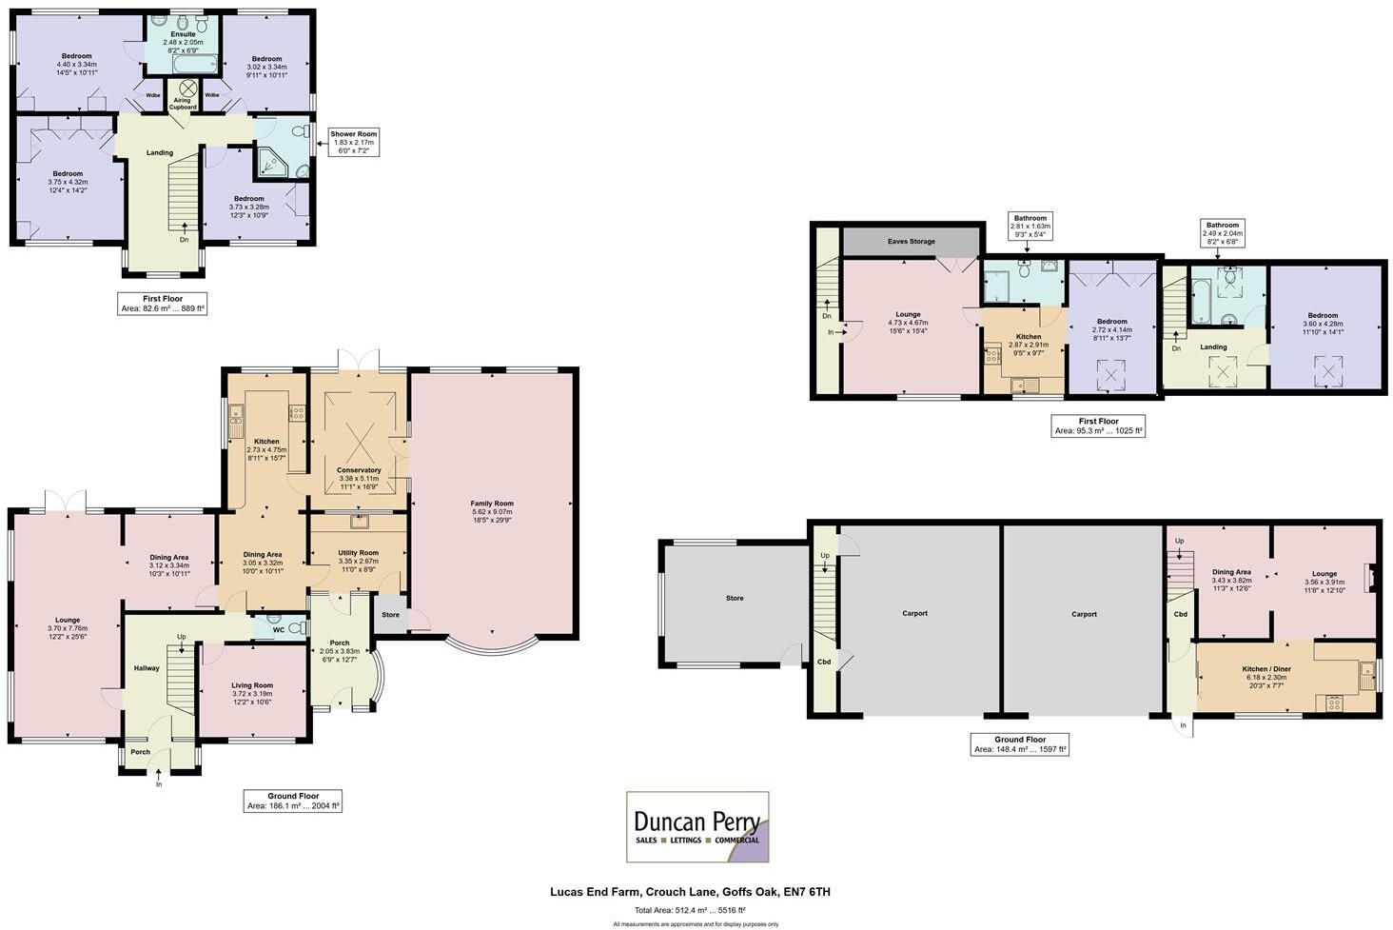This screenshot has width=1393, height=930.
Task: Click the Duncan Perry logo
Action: coord(696,826)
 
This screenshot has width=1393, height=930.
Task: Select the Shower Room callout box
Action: coord(354,143)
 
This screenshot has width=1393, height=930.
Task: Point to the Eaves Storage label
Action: coord(911,242)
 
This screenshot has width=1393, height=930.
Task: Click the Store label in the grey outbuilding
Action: coord(734,599)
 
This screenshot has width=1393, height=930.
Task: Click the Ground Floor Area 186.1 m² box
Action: coord(292,801)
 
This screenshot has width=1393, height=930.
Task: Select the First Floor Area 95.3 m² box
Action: coord(1098,425)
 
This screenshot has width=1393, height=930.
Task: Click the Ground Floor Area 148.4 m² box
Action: coord(1020,744)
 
